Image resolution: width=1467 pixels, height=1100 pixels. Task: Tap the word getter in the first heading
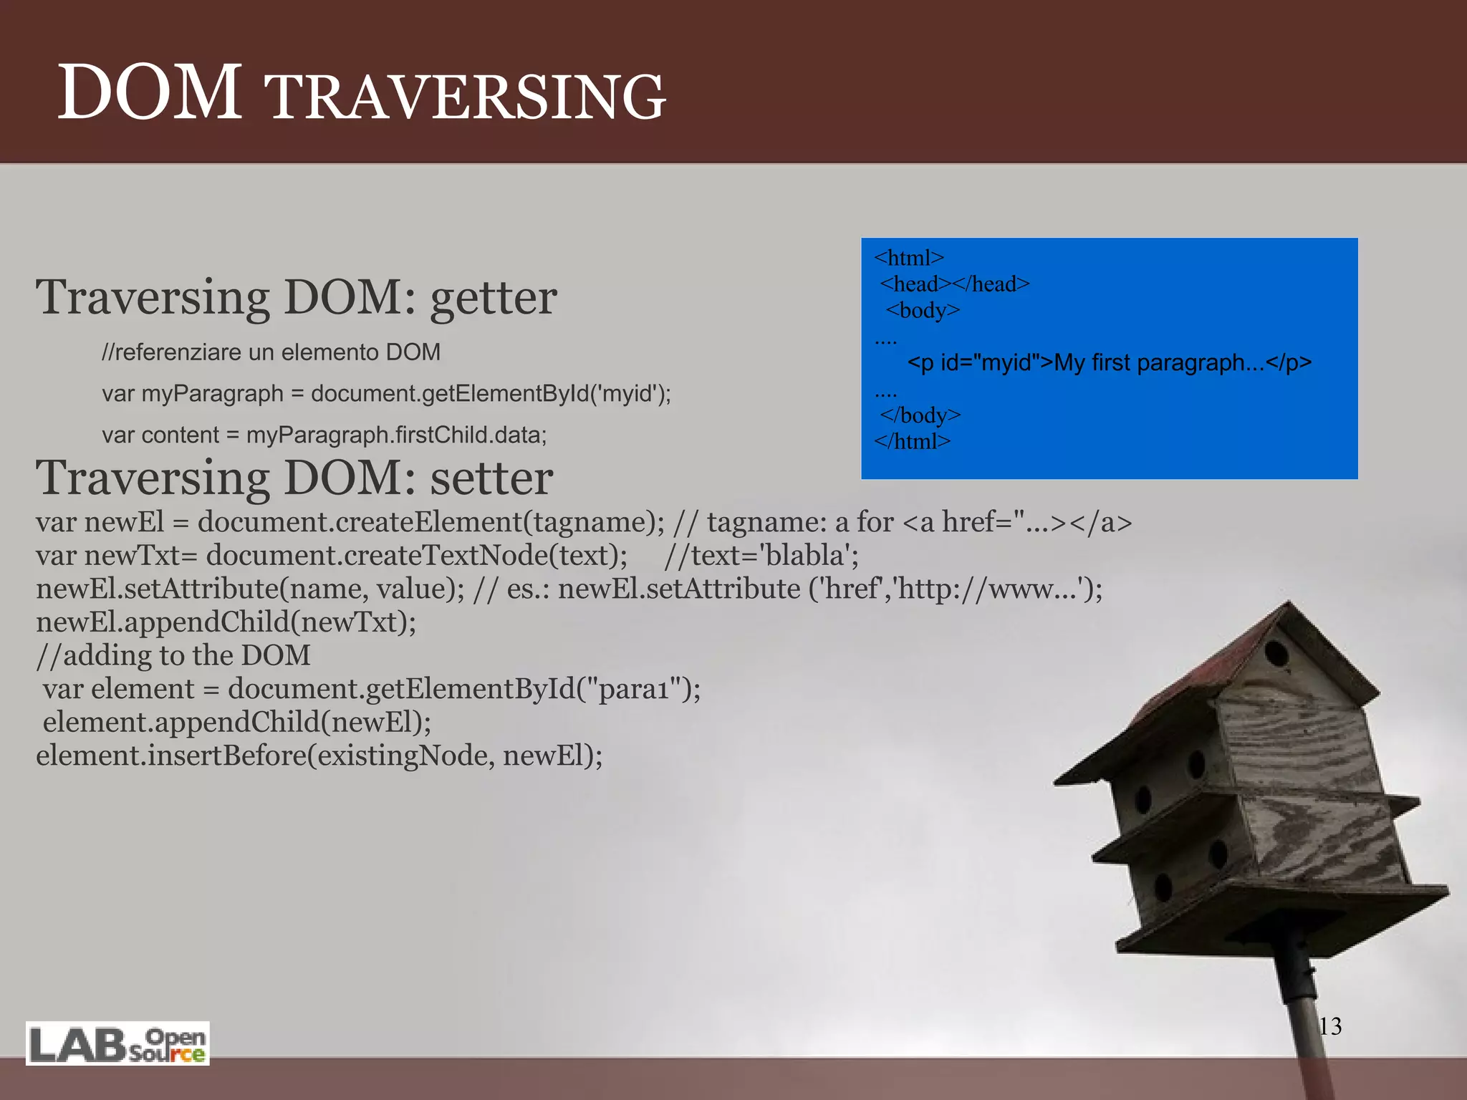493,298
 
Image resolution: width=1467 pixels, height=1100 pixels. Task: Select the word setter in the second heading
491,478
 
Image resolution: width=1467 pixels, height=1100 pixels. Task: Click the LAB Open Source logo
117,1043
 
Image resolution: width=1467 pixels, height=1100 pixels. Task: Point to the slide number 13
1329,1026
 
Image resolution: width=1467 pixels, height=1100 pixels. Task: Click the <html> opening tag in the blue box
909,258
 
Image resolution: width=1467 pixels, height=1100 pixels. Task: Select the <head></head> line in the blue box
955,284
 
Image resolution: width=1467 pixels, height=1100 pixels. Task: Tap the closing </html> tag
912,442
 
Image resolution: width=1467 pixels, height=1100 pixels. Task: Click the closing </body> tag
920,415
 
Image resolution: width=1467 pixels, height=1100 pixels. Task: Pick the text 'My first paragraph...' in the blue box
1159,363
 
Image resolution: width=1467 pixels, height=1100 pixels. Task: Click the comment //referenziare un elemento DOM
271,352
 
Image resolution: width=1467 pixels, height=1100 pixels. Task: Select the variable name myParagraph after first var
212,394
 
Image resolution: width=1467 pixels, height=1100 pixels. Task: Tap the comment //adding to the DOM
173,655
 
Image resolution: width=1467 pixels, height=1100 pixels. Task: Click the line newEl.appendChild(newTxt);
226,622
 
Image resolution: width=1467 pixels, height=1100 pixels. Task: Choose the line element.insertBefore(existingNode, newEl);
319,756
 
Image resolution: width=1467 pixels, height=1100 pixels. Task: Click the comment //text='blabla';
761,556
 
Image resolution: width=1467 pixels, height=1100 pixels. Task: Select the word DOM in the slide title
149,93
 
